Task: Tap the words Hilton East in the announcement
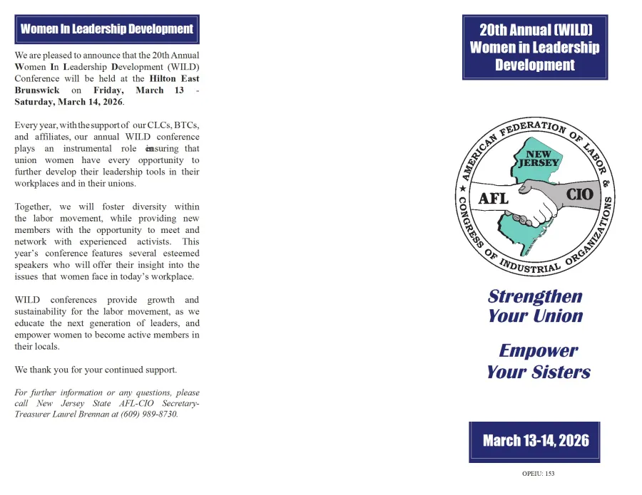[x=175, y=78]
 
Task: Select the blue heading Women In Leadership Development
[x=107, y=29]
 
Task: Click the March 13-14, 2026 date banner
[x=536, y=440]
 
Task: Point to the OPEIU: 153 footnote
[x=539, y=474]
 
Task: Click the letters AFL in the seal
[x=493, y=198]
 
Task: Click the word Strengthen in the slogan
[x=535, y=296]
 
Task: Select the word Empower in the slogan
[x=538, y=350]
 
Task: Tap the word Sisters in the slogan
[x=561, y=372]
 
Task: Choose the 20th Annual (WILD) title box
[x=535, y=47]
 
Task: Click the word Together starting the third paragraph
[x=33, y=207]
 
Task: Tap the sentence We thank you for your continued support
[x=96, y=370]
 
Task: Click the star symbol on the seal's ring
[x=462, y=189]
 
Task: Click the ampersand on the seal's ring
[x=607, y=184]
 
